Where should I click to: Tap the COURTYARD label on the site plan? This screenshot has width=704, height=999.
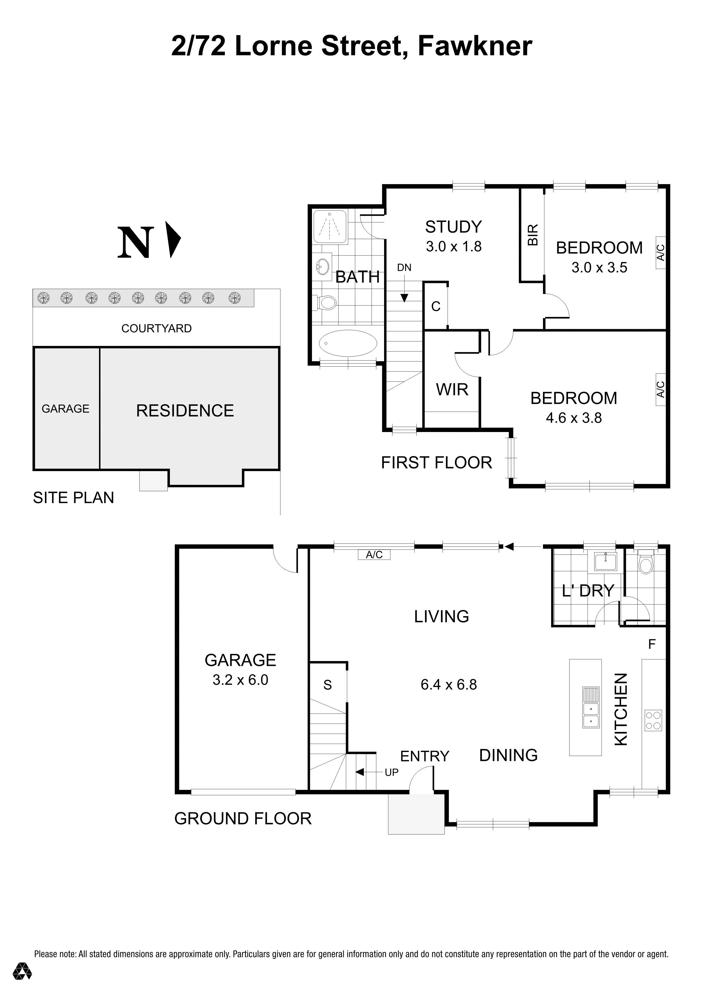click(x=156, y=329)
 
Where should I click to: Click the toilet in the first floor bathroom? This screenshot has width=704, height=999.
click(x=325, y=302)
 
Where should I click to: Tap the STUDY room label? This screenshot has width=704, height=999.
click(x=453, y=227)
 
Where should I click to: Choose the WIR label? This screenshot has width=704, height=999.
click(x=452, y=389)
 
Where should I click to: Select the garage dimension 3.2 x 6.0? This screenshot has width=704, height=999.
click(x=240, y=680)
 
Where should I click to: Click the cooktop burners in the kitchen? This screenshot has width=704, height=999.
click(x=653, y=720)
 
